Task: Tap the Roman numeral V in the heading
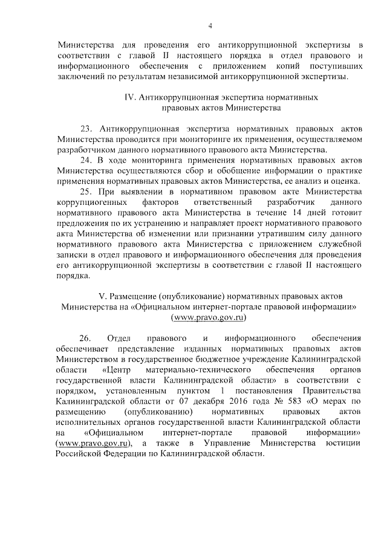[x=102, y=296]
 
